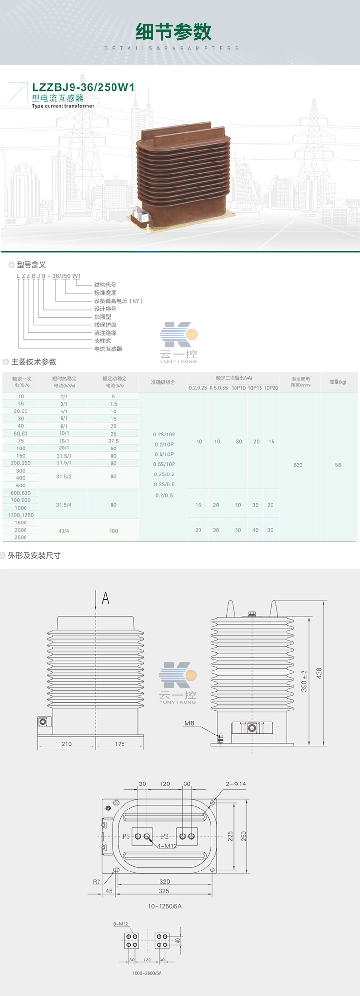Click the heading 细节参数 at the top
pyautogui.click(x=174, y=32)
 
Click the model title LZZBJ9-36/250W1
pyautogui.click(x=83, y=87)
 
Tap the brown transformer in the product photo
pyautogui.click(x=183, y=173)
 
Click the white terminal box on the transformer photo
pyautogui.click(x=139, y=213)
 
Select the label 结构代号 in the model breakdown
pyautogui.click(x=105, y=285)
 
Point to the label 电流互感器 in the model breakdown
pyautogui.click(x=108, y=349)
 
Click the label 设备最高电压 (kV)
pyautogui.click(x=118, y=301)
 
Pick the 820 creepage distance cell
pyautogui.click(x=298, y=465)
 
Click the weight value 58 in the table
pyautogui.click(x=338, y=465)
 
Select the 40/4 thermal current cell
pyautogui.click(x=63, y=531)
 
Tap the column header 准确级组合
pyautogui.click(x=163, y=382)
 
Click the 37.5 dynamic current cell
pyautogui.click(x=113, y=441)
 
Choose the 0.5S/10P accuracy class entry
pyautogui.click(x=164, y=464)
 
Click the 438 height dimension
pyautogui.click(x=319, y=673)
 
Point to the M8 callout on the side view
pyautogui.click(x=189, y=723)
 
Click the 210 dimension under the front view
pyautogui.click(x=67, y=744)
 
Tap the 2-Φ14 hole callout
pyautogui.click(x=236, y=784)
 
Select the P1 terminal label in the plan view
pyautogui.click(x=126, y=836)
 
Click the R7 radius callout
pyautogui.click(x=97, y=882)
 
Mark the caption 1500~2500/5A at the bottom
pyautogui.click(x=147, y=973)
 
